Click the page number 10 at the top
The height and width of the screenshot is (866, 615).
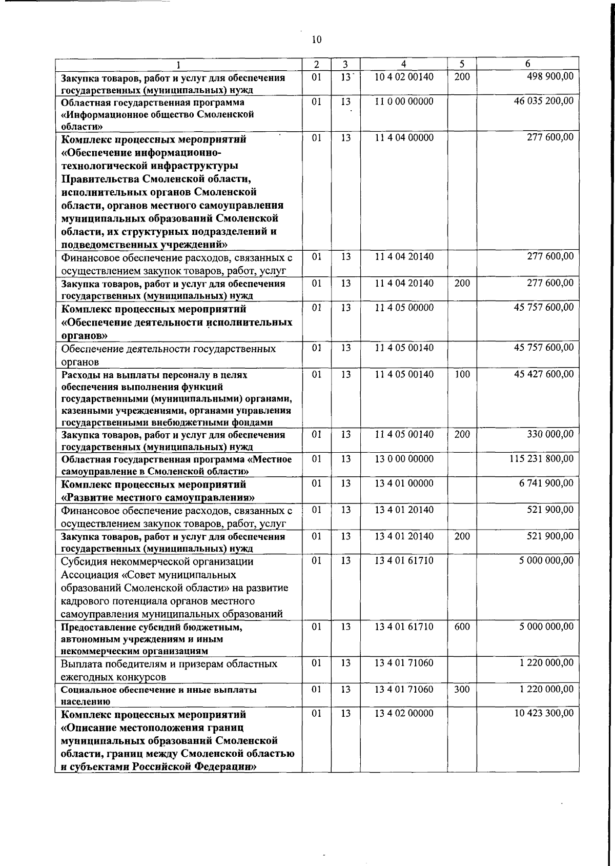pos(316,39)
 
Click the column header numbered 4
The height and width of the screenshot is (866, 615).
pos(403,64)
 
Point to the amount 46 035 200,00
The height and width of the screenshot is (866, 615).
pos(544,101)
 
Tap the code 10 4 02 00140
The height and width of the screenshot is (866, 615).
pos(404,76)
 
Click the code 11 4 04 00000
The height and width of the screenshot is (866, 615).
pos(404,137)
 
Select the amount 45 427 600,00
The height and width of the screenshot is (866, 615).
pos(544,374)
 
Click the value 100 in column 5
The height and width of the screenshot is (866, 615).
pos(462,374)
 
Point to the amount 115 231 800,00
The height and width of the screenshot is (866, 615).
pos(541,459)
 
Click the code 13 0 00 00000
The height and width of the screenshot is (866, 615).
pos(404,459)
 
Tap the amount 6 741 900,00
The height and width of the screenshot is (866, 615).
pos(546,484)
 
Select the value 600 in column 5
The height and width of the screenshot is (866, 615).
pos(462,627)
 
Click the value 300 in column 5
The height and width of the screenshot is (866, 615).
pos(462,690)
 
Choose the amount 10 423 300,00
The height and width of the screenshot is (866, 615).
pos(544,714)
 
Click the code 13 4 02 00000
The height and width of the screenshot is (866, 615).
pos(404,714)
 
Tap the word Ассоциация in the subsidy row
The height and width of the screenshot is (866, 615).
pos(93,575)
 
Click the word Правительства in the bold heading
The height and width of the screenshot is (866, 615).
pos(105,179)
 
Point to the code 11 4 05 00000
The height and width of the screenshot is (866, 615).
pos(404,308)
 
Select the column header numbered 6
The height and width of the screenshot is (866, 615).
pos(527,64)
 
